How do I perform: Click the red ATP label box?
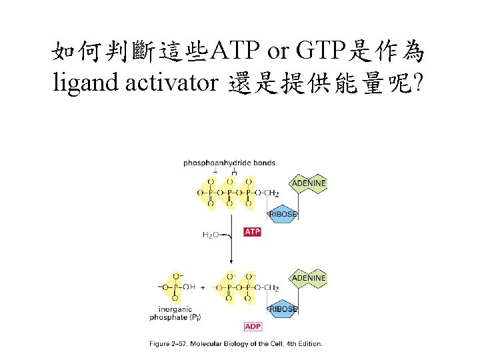tap(253, 232)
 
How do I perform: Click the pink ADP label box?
tap(253, 327)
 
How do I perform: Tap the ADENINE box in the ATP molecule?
tap(307, 183)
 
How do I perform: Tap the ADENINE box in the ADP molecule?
tap(307, 277)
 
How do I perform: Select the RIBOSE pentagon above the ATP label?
tap(283, 213)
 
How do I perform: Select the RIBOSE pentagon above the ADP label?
tap(283, 309)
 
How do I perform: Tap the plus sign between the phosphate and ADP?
tap(203, 287)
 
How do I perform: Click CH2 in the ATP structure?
tap(272, 193)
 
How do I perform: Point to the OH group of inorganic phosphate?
tap(189, 287)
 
